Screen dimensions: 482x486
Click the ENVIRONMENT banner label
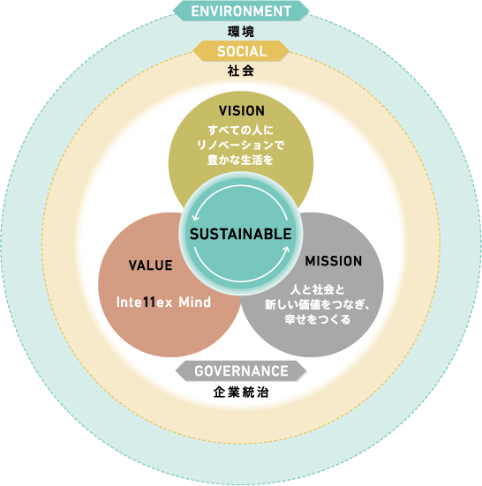pos(241,11)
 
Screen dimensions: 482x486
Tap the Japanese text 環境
pos(241,32)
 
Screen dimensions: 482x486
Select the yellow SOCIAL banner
pos(242,51)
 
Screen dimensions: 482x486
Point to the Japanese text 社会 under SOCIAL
pos(241,71)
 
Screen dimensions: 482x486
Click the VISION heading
pos(242,111)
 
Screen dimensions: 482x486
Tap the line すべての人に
pos(241,131)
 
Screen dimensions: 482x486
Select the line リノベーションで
pos(241,145)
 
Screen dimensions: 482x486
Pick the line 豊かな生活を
pos(240,160)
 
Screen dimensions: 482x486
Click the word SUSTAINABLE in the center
pos(241,234)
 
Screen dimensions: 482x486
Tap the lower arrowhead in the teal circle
pos(286,250)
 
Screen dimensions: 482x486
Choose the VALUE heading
pos(151,265)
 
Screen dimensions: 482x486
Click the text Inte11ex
pos(144,303)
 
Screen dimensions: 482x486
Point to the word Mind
pos(195,303)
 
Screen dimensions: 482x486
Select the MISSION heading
pos(334,261)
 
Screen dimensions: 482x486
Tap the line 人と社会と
pos(318,290)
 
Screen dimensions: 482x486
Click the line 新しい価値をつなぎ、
pos(318,304)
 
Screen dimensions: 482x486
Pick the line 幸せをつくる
pos(318,319)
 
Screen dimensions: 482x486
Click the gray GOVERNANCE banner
pos(241,371)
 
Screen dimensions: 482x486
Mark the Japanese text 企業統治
pos(241,393)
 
